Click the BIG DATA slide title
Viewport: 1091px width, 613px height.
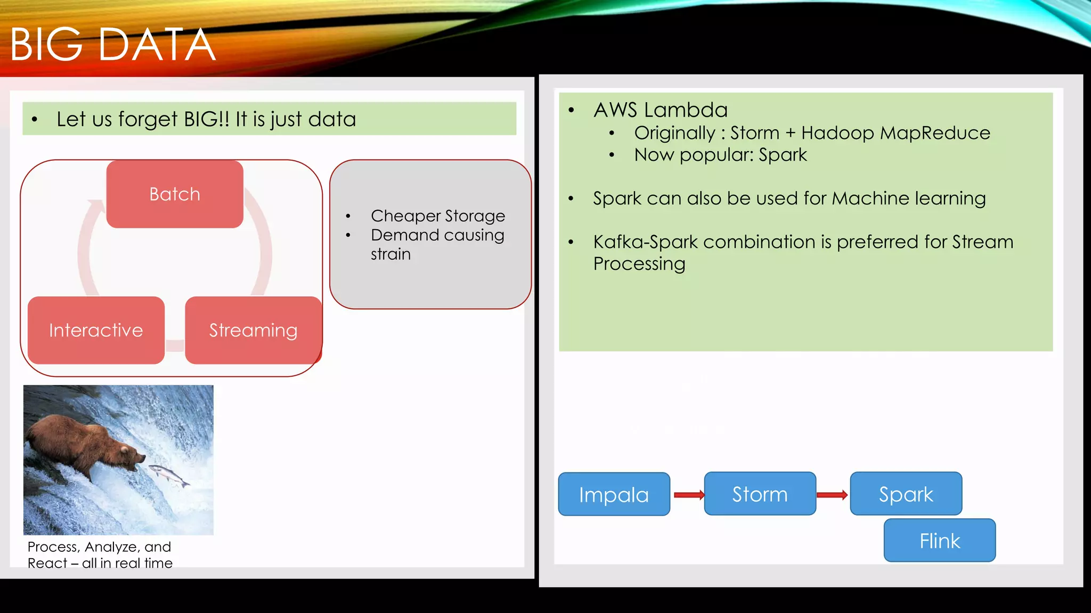112,45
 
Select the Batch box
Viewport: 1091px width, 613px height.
175,194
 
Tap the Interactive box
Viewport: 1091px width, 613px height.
96,330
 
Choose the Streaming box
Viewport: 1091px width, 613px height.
253,330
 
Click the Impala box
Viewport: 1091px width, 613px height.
614,494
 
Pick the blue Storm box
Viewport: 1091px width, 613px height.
760,494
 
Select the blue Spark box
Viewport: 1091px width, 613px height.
906,494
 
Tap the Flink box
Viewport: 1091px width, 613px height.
939,541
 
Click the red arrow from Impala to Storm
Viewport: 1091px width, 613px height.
688,495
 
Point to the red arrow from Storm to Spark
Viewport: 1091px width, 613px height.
832,495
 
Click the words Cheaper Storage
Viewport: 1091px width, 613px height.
437,216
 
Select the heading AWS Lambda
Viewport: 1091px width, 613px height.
660,110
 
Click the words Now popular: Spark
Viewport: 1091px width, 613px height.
720,155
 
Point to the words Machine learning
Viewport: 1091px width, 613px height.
908,198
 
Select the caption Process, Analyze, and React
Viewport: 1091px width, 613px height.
100,554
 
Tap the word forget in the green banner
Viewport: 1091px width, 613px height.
148,119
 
